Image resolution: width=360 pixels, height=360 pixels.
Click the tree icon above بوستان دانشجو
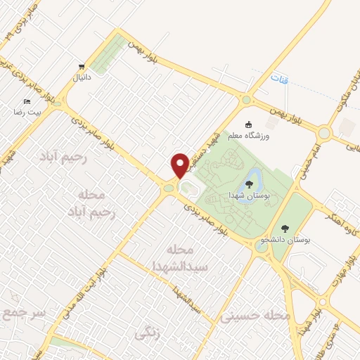point(284,228)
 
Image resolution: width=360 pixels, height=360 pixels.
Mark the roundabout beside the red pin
point(169,188)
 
